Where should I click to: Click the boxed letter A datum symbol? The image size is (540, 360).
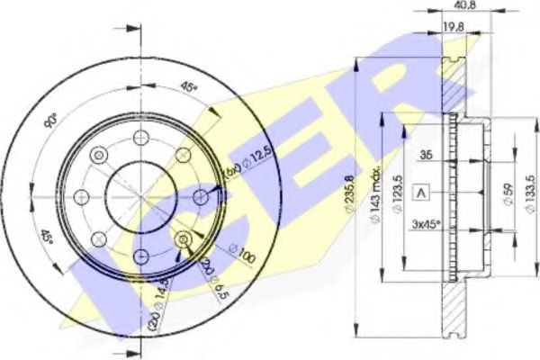coord(420,191)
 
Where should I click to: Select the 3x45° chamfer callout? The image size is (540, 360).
coord(427,223)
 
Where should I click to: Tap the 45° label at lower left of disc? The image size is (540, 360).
coord(47,241)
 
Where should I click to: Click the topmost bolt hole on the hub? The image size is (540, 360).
coord(140,137)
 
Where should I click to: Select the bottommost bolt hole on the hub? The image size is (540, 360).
coord(140,256)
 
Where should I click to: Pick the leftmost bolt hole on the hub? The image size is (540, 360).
coord(81,196)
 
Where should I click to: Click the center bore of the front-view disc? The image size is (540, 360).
coord(140,196)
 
